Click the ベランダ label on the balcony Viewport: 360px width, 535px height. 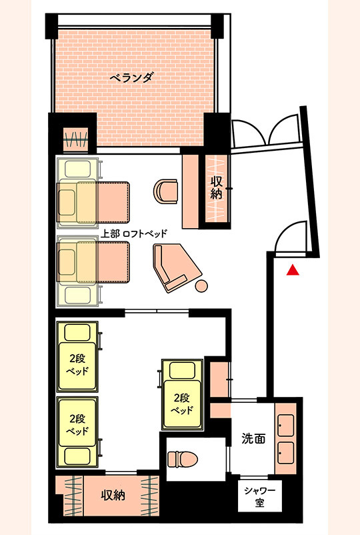click(131, 78)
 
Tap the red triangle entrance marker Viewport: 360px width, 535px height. click(293, 270)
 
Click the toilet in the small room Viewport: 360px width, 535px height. click(183, 459)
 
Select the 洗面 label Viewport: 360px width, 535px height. click(253, 438)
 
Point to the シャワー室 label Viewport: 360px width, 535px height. click(259, 496)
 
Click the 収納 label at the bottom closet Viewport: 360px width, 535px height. click(113, 495)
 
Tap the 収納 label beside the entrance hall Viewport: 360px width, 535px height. click(216, 187)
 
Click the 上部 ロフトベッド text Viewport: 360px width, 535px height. click(135, 233)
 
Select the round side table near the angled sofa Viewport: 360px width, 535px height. click(201, 286)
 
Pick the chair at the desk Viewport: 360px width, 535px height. click(166, 191)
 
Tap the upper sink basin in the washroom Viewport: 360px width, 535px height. click(286, 425)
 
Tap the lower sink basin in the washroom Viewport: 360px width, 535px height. click(286, 453)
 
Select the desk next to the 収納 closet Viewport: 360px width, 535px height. click(191, 191)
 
